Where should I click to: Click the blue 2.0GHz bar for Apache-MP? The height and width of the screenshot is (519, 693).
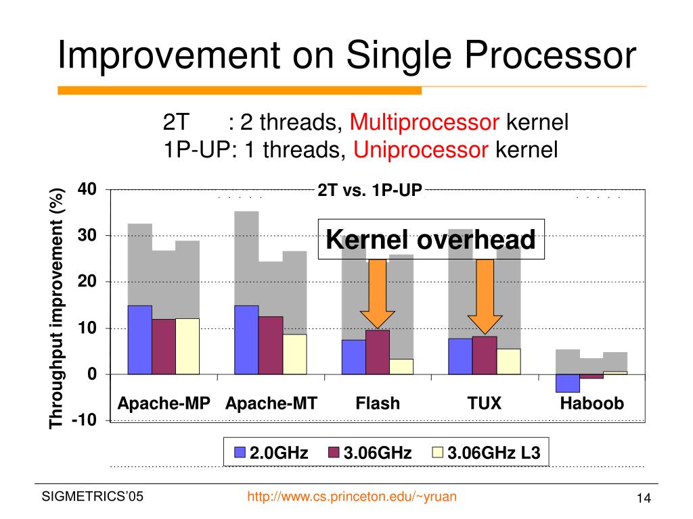click(139, 340)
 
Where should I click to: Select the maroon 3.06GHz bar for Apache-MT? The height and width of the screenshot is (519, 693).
click(271, 345)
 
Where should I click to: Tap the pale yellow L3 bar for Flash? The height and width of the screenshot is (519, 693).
click(401, 366)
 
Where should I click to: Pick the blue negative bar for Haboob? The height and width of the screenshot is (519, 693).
click(568, 382)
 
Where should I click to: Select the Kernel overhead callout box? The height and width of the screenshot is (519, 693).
click(430, 239)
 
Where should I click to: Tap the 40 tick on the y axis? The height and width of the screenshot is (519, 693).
click(87, 189)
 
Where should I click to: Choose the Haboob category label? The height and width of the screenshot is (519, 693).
click(591, 404)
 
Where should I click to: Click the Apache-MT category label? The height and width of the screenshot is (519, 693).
click(271, 404)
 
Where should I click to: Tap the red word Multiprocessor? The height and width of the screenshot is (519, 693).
click(424, 123)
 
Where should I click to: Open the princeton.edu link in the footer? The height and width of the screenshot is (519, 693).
click(352, 497)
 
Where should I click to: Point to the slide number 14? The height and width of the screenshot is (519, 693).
click(643, 499)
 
